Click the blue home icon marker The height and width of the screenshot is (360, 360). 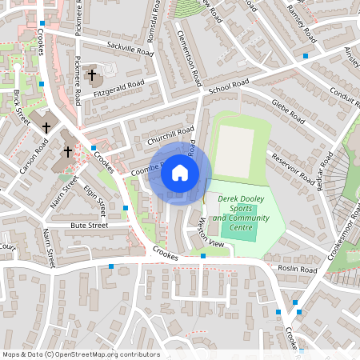[180, 172]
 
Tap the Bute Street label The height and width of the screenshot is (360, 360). [88, 226]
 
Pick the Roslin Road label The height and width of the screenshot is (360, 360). [298, 270]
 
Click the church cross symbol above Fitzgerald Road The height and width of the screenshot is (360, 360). [92, 75]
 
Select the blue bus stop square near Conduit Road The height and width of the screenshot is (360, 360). [306, 56]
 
